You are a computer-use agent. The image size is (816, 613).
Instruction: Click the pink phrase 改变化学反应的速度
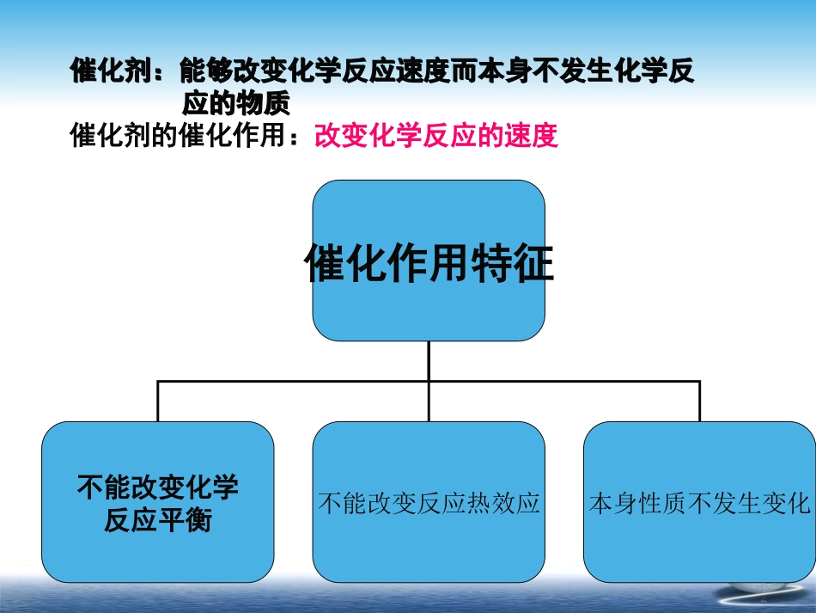[x=436, y=136]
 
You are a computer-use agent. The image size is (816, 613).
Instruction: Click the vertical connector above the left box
[x=158, y=402]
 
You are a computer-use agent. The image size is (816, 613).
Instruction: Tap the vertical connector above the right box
[x=698, y=402]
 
